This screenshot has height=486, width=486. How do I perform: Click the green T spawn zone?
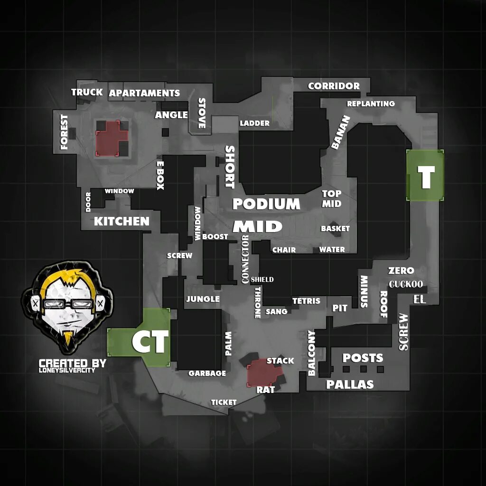(425, 176)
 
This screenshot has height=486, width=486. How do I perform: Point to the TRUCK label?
(87, 92)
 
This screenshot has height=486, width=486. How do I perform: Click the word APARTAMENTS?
(144, 93)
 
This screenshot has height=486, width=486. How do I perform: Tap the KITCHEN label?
(121, 221)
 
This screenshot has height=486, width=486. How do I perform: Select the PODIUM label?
(266, 204)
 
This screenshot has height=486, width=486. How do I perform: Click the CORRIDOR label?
(334, 86)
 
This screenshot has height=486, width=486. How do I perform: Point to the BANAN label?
(340, 132)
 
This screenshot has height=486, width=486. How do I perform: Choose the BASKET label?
(335, 229)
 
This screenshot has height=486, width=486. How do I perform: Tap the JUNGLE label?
(203, 299)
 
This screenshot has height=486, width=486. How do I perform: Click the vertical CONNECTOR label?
(245, 259)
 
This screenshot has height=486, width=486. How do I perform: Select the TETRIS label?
(306, 301)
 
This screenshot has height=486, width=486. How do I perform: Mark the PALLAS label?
(350, 384)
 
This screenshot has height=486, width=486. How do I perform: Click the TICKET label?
(224, 402)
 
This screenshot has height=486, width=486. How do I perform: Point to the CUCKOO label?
(406, 284)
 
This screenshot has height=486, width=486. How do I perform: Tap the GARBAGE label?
(207, 374)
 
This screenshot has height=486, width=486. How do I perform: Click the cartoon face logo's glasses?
(67, 304)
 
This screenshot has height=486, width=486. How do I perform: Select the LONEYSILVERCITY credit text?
(67, 370)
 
